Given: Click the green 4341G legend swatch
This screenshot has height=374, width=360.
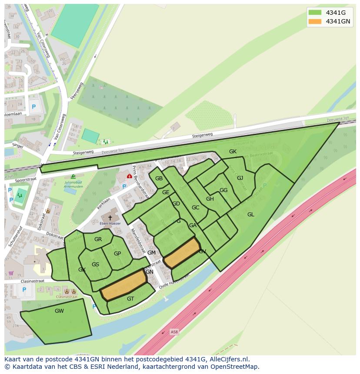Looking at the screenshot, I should click(x=315, y=13).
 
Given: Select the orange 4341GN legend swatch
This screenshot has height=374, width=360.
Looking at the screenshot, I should click(x=315, y=21).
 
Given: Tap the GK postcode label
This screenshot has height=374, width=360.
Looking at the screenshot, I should click(x=233, y=152).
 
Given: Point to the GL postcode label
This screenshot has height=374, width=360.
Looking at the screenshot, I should click(x=251, y=214).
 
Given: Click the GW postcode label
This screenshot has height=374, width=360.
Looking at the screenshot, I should click(x=59, y=311).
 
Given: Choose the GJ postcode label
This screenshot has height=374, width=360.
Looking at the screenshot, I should click(x=240, y=178).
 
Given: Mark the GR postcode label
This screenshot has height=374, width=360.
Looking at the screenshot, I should click(x=98, y=239).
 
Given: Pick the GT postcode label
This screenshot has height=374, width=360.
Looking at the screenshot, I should click(x=130, y=298).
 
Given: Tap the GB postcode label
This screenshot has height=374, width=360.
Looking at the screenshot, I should click(x=159, y=179).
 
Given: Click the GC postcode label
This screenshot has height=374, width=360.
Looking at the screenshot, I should click(x=195, y=208).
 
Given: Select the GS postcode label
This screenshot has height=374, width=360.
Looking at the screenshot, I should click(x=95, y=265).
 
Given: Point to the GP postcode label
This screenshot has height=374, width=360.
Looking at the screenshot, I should click(x=117, y=254).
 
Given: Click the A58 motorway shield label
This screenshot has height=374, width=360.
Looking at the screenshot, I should click(x=174, y=332).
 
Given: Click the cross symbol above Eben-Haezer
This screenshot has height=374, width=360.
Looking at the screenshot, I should click(x=110, y=217).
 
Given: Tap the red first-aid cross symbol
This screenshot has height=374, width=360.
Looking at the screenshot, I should click(x=129, y=176).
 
